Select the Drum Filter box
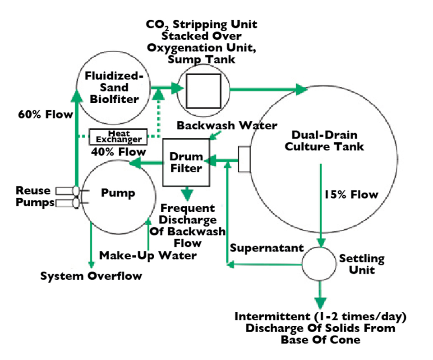click(x=186, y=162)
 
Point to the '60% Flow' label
click(x=45, y=114)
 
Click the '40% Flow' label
click(x=118, y=152)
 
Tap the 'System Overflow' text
click(x=91, y=276)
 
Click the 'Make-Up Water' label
click(x=148, y=255)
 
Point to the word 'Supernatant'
click(x=267, y=248)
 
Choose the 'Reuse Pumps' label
click(x=33, y=196)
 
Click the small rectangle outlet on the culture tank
click(x=244, y=159)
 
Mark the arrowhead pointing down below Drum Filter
click(x=186, y=195)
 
